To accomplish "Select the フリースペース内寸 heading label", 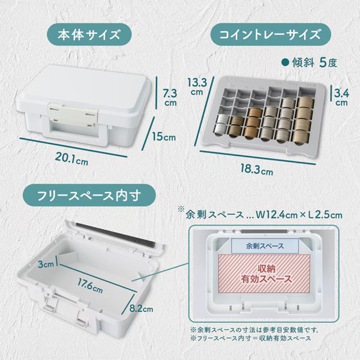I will click(x=89, y=194).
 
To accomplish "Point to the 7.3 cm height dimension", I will click(x=170, y=98).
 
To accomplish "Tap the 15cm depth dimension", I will click(x=164, y=136).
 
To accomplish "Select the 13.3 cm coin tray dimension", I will click(x=197, y=86).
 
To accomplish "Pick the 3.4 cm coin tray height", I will click(x=341, y=97).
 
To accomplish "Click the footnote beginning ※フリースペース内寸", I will click(x=253, y=338).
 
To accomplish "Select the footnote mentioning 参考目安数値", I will click(x=255, y=329).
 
